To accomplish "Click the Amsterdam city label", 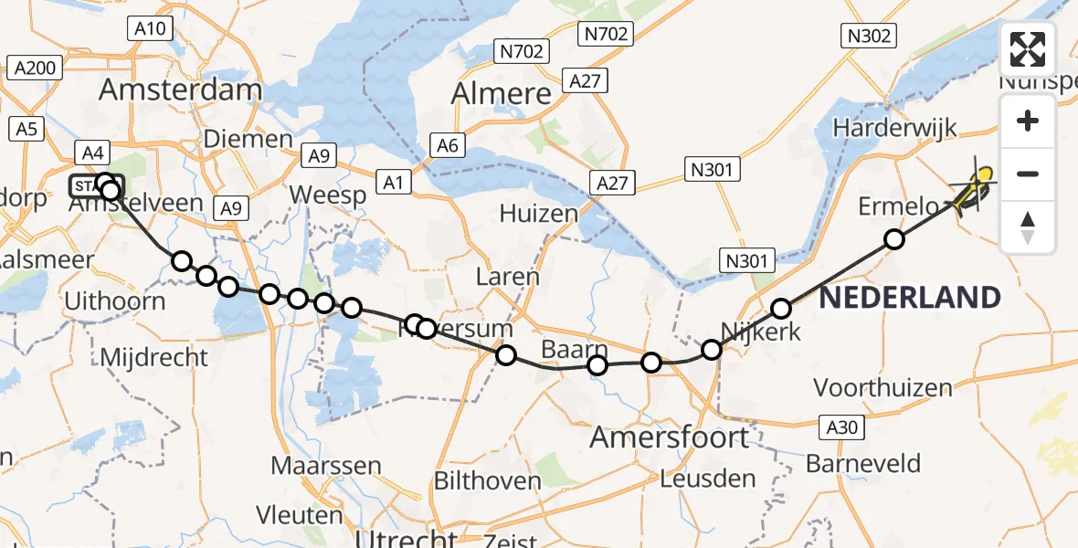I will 180,90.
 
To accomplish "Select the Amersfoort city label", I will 669,437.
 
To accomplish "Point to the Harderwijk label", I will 894,127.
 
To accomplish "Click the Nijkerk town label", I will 760,331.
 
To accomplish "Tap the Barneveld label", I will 863,463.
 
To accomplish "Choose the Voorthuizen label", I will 882,388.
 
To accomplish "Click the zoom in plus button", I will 1028,121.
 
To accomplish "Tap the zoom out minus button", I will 1028,174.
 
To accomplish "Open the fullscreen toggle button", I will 1028,49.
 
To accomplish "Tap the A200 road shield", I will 35,68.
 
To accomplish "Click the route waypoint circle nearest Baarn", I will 597,366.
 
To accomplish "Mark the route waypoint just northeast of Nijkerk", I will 781,309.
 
